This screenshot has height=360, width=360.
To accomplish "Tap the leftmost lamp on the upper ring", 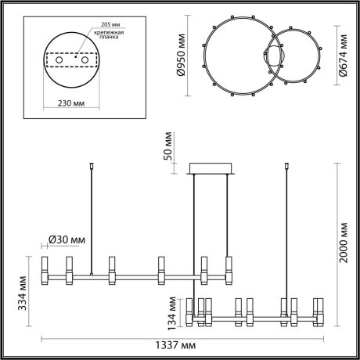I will point(45,270).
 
